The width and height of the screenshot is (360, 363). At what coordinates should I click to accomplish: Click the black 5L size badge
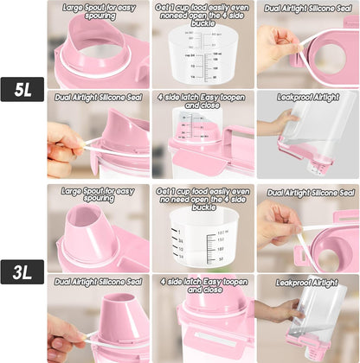click(x=22, y=89)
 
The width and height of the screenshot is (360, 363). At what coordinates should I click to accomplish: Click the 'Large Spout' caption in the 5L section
click(x=99, y=10)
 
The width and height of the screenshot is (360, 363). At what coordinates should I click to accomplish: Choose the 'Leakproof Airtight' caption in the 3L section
click(x=307, y=282)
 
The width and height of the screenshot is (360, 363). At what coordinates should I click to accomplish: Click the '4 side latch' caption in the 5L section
click(x=202, y=103)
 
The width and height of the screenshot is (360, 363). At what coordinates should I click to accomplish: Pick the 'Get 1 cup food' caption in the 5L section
click(x=202, y=15)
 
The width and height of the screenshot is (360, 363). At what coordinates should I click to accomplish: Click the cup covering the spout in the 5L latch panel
click(x=191, y=134)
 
